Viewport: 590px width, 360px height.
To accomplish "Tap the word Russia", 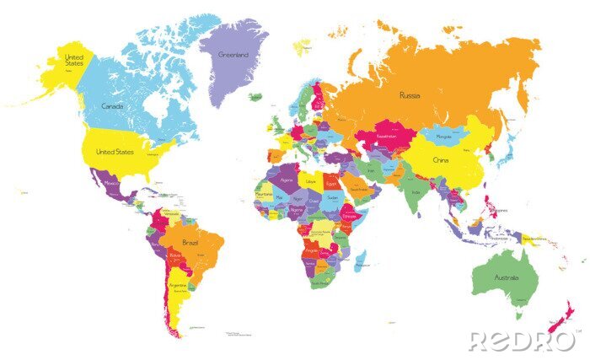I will point(410,94).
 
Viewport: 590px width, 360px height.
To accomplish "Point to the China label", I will point(440,160).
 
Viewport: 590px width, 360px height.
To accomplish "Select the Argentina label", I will point(178,286).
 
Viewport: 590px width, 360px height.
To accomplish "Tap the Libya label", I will point(311,182).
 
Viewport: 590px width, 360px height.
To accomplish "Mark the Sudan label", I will point(331,198).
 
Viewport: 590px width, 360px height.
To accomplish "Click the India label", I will point(414,191).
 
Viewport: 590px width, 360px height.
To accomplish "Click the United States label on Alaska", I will point(75,59).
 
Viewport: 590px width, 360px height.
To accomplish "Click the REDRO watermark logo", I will point(523,341).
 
